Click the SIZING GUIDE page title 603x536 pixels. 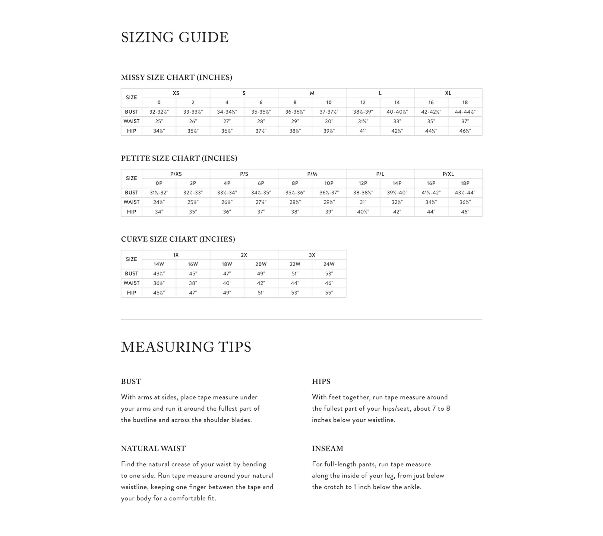pyautogui.click(x=175, y=37)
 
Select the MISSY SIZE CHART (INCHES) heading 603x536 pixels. pyautogui.click(x=176, y=77)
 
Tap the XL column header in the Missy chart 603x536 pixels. pyautogui.click(x=448, y=93)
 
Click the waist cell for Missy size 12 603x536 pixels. pyautogui.click(x=363, y=121)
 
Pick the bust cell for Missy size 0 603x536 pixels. pyautogui.click(x=159, y=112)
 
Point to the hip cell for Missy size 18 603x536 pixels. pyautogui.click(x=465, y=131)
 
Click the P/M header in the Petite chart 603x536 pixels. pyautogui.click(x=312, y=174)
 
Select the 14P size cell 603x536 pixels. pyautogui.click(x=397, y=183)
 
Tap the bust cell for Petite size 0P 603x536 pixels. pyautogui.click(x=159, y=193)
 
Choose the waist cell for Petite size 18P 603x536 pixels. pyautogui.click(x=465, y=202)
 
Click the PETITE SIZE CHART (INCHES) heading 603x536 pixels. pyautogui.click(x=179, y=158)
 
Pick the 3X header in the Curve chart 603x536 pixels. pyautogui.click(x=312, y=255)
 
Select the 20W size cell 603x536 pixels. pyautogui.click(x=261, y=264)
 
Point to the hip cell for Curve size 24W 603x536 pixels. pyautogui.click(x=329, y=292)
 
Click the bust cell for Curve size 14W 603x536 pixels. pyautogui.click(x=159, y=273)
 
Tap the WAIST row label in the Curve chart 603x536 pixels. pyautogui.click(x=131, y=283)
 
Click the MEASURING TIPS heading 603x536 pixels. pyautogui.click(x=186, y=347)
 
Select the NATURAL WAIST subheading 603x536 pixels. pyautogui.click(x=153, y=448)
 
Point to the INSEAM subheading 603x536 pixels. pyautogui.click(x=327, y=448)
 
